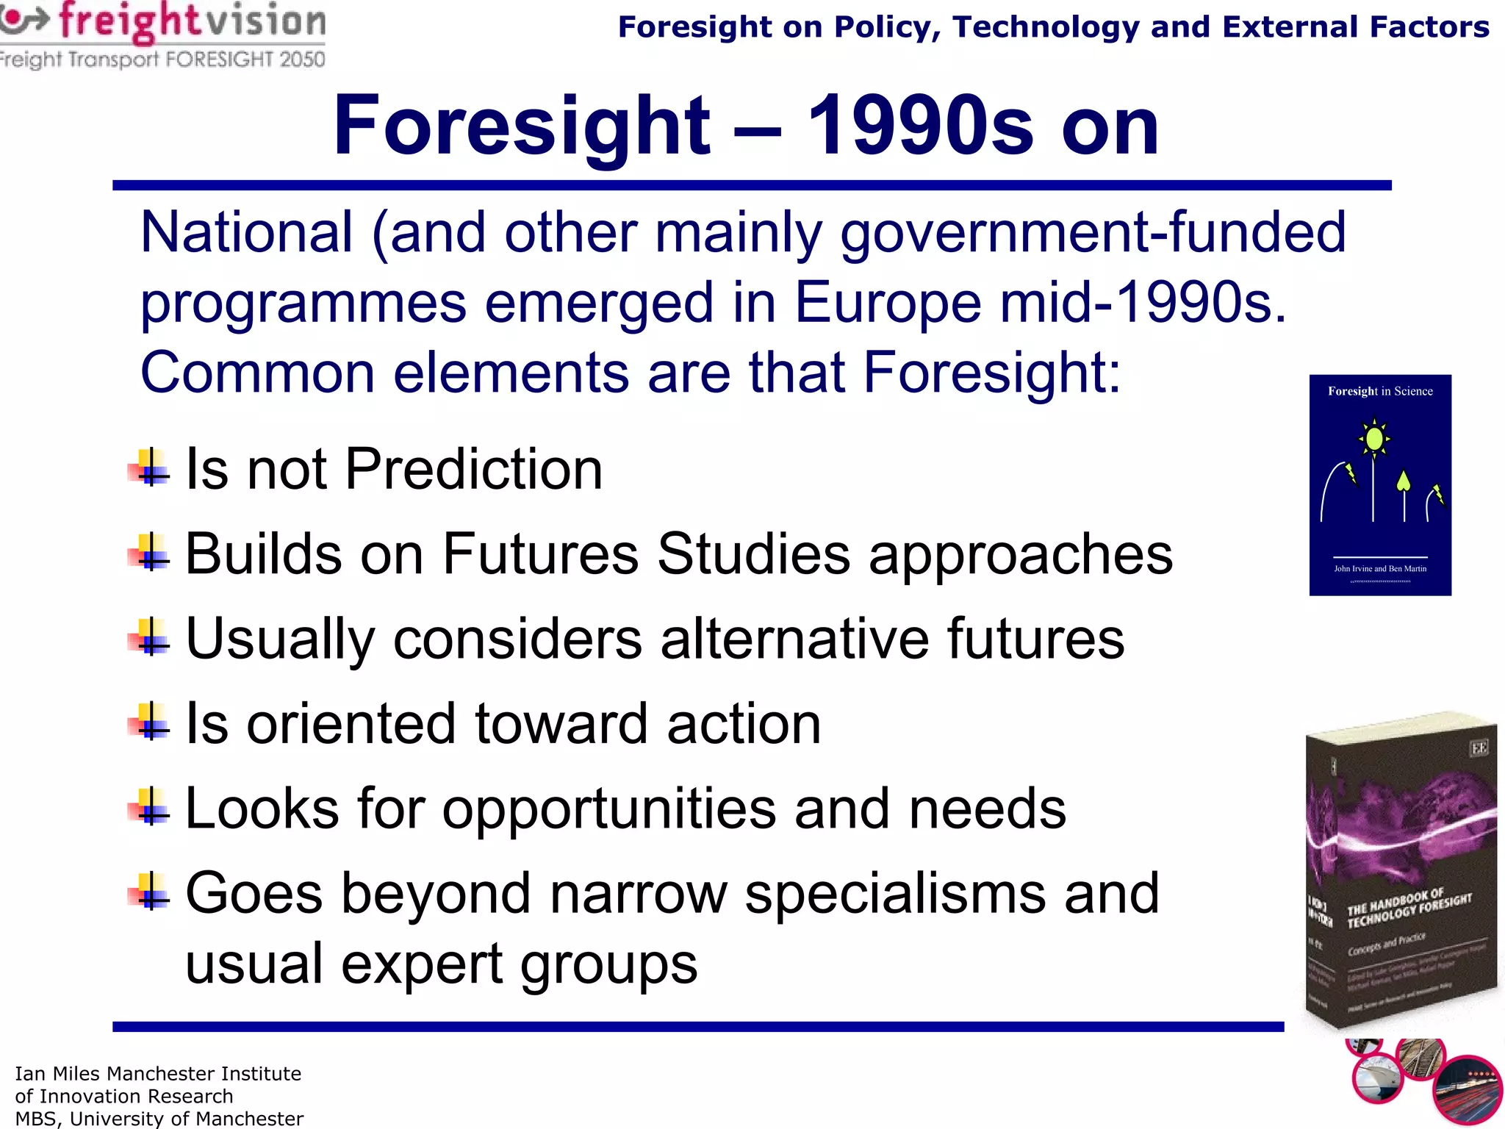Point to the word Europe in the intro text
coord(888,302)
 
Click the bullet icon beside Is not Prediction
coord(150,468)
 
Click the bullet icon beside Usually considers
coord(150,637)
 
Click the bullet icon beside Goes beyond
coord(150,892)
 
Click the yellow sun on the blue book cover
coord(1374,439)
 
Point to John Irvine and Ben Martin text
coord(1380,568)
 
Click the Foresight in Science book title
coord(1380,391)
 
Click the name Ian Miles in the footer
coord(58,1074)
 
